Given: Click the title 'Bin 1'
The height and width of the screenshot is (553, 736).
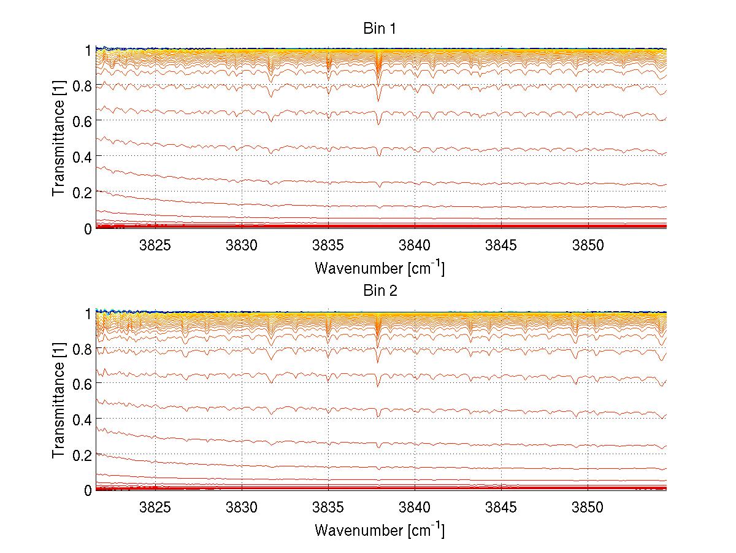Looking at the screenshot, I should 380,28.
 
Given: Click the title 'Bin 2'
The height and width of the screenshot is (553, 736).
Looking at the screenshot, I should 380,290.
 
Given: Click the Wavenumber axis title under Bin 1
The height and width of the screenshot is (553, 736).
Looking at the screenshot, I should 380,268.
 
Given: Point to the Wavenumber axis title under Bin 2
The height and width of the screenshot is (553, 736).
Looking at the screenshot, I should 380,530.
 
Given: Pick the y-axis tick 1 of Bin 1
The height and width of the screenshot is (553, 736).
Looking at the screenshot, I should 88,50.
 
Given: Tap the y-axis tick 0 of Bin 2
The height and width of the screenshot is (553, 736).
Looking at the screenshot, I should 88,490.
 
